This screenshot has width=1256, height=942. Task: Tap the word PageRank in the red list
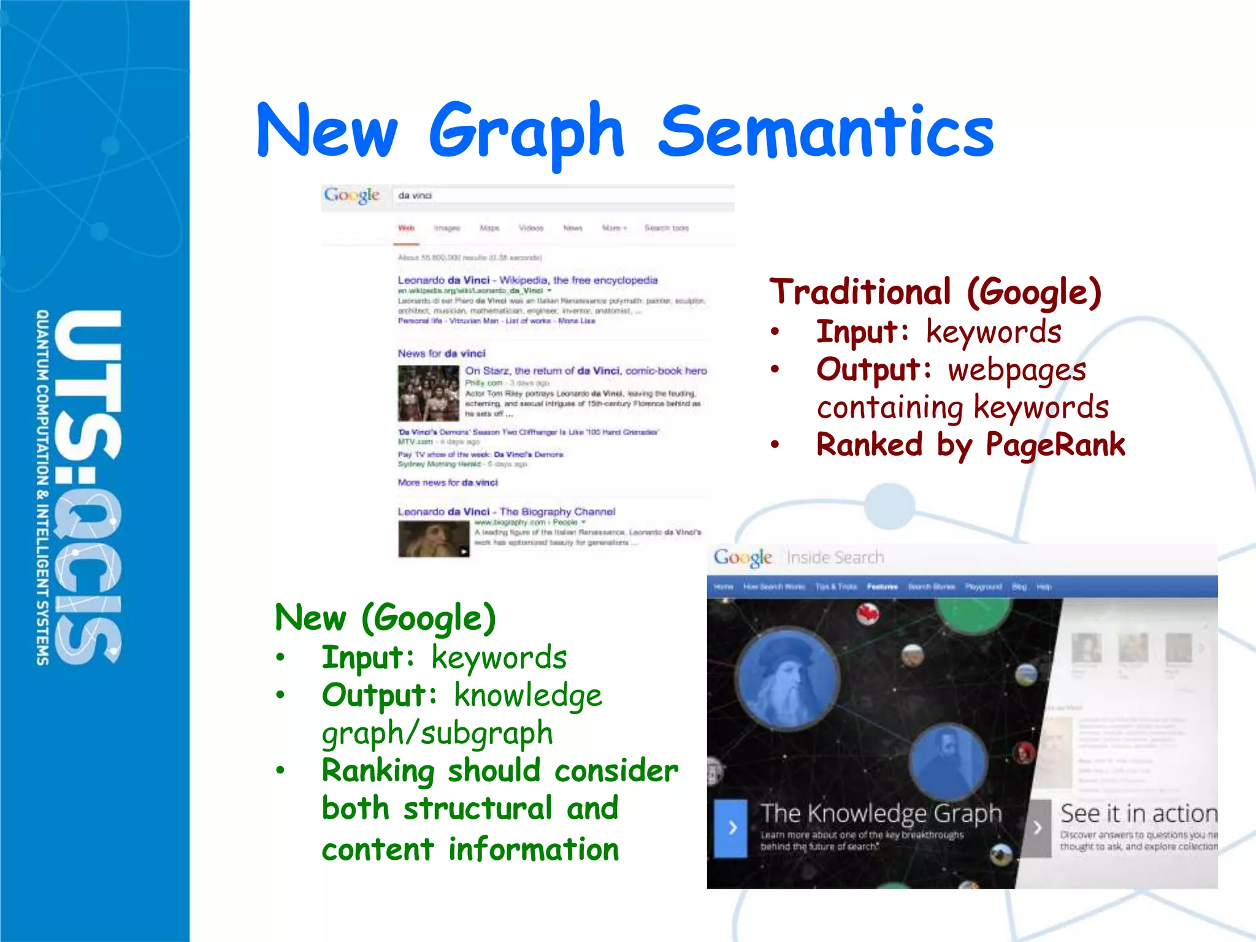pos(1055,445)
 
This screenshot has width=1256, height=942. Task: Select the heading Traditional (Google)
pos(935,292)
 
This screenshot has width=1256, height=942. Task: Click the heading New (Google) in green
pos(385,618)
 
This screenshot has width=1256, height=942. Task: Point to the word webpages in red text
pos(1017,370)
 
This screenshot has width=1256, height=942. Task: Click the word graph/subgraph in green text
pos(437,733)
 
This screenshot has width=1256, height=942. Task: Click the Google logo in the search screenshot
pos(352,196)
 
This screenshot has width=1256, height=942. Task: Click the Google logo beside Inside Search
pos(743,557)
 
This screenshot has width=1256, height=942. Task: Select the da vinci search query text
pos(415,196)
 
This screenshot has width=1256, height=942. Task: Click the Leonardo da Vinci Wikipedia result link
pos(527,280)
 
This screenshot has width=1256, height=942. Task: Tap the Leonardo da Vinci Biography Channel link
pos(506,511)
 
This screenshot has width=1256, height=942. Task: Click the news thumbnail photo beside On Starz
pos(428,393)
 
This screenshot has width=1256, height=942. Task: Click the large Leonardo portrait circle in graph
pos(787,678)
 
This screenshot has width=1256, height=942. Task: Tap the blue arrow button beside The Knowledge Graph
pos(732,828)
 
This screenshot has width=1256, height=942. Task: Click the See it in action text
pos(1138,814)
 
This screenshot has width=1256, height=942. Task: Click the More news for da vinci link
pos(448,483)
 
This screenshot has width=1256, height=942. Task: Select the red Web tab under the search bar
pos(406,228)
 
